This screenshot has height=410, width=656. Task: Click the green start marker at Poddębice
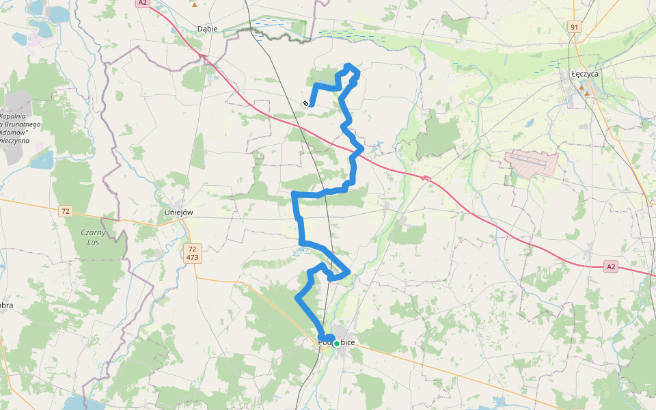click(x=336, y=343)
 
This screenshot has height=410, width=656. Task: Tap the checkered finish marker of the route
click(x=305, y=103)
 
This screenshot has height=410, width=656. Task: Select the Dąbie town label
click(x=206, y=29)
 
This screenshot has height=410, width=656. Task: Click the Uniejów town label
click(x=179, y=212)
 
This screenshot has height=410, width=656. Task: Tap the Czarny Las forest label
click(x=94, y=237)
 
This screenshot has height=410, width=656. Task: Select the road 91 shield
click(x=574, y=27)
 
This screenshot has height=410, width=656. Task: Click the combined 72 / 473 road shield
click(x=192, y=253)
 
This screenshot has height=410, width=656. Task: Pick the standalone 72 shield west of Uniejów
click(x=65, y=210)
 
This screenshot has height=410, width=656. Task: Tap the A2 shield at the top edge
click(x=142, y=3)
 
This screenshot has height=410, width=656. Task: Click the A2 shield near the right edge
click(x=611, y=266)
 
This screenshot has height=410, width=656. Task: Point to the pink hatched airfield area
click(x=532, y=163)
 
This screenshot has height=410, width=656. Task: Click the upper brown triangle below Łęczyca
click(x=582, y=87)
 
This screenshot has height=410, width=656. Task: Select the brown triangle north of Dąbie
click(x=195, y=4)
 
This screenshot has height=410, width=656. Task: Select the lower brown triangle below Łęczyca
click(x=586, y=93)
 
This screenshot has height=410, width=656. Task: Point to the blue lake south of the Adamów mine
click(x=40, y=161)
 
